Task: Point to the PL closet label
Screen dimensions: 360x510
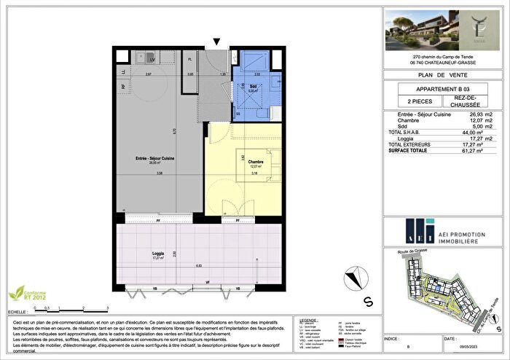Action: (189, 59)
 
